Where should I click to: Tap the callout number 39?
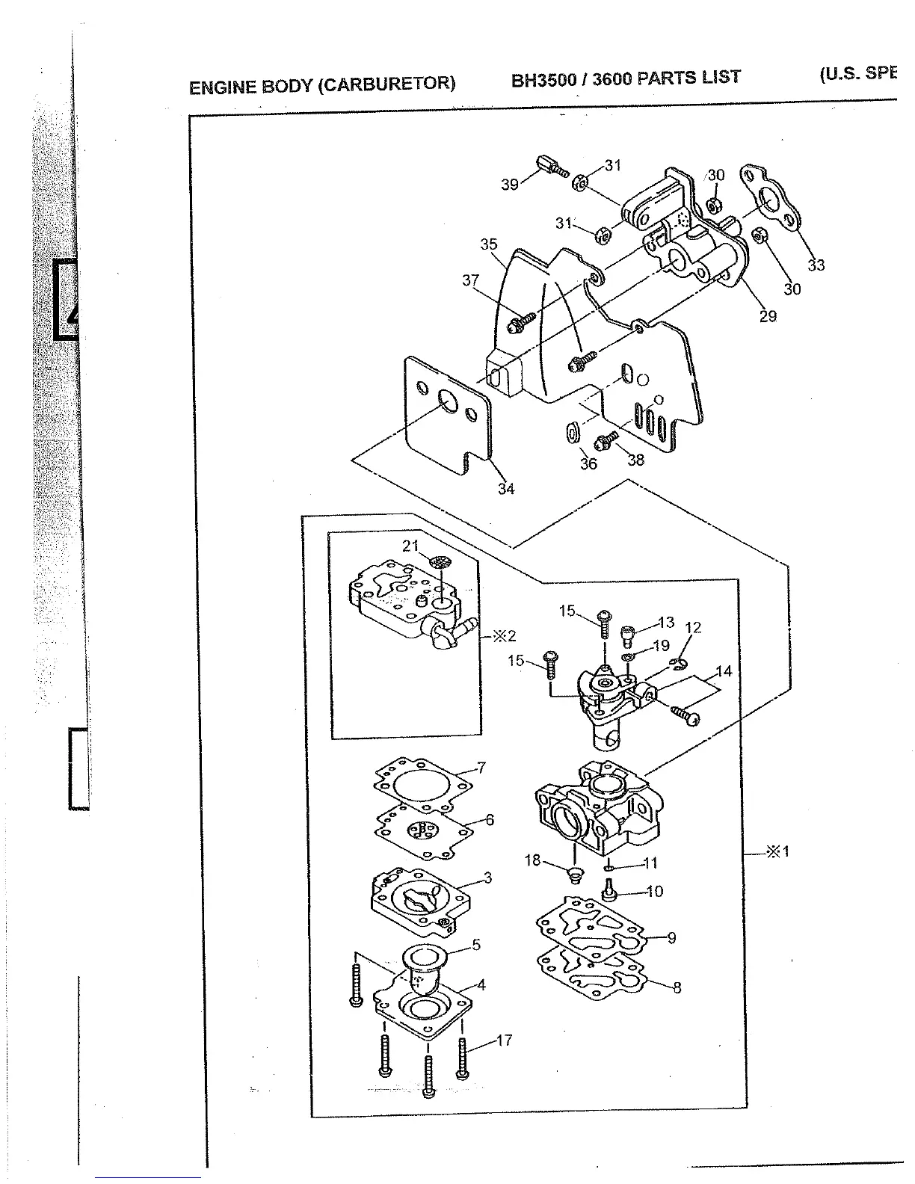(x=510, y=184)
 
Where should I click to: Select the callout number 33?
(x=816, y=265)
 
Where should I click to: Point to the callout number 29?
(x=768, y=315)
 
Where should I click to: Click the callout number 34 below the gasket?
(x=506, y=489)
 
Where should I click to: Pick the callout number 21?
(x=410, y=546)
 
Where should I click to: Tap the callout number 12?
(x=693, y=627)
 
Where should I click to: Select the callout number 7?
(x=481, y=768)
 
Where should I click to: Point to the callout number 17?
(x=505, y=1040)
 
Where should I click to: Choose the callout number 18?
(x=532, y=860)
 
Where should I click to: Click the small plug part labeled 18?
(x=575, y=872)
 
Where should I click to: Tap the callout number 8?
(x=677, y=987)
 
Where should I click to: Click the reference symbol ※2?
(x=505, y=636)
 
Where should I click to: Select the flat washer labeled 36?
(x=572, y=432)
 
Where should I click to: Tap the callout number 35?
(x=489, y=244)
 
